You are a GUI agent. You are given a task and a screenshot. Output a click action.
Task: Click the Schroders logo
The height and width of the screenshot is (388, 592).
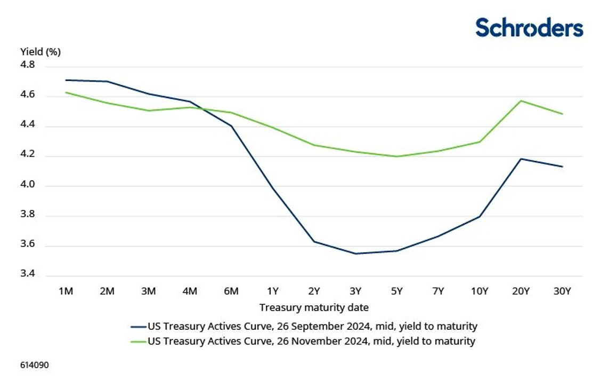[x=529, y=27]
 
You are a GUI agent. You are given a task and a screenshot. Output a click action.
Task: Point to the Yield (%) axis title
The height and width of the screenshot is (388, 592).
[x=40, y=52]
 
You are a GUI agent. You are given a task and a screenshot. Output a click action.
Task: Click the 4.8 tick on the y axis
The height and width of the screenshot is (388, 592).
[x=27, y=65]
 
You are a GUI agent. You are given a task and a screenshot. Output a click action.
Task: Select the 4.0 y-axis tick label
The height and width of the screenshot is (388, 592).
[x=27, y=186]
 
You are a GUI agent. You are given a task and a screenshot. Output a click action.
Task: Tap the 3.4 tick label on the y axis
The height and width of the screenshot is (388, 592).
[x=27, y=275]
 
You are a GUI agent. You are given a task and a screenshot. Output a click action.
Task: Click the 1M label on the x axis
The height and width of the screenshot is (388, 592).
[x=66, y=291]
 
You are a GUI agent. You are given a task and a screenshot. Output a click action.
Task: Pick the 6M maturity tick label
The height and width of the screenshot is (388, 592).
[x=231, y=291]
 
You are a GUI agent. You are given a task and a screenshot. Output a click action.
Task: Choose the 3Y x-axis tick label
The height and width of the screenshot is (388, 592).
[x=355, y=291]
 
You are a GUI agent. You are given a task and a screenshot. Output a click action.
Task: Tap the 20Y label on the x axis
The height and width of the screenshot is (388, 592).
[x=521, y=291]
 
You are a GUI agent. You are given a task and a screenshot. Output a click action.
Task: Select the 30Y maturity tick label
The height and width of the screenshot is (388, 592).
[x=562, y=291]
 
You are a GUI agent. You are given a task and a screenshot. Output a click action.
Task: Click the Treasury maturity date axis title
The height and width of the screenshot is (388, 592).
[x=314, y=308]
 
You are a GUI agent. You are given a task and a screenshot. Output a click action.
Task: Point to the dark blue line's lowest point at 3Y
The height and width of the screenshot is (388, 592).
[x=355, y=254]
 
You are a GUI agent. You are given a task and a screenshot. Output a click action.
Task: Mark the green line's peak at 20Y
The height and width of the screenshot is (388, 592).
[x=521, y=101]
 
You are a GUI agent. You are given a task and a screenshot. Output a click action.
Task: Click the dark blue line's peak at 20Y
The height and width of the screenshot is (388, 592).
[x=521, y=159]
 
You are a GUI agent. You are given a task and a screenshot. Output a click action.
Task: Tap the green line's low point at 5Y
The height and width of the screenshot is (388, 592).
[x=396, y=156]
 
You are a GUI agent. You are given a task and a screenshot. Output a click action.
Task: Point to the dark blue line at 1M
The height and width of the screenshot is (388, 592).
[x=66, y=80]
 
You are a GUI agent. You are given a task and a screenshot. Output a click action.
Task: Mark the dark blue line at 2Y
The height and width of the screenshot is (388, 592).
[x=314, y=241]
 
